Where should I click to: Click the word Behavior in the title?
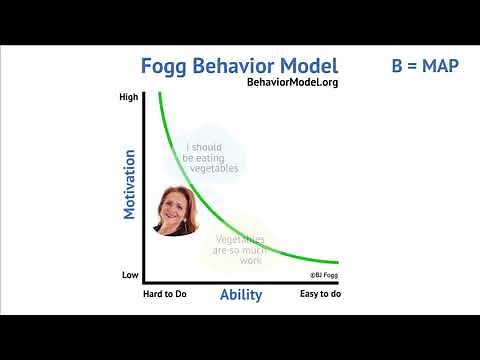pos(239,67)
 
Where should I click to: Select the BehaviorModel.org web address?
pos(291,83)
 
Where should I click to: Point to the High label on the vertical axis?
pos(128,97)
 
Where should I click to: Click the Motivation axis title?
pos(129,184)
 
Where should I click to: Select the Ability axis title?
pos(240,295)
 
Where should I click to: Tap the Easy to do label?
pos(321,295)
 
